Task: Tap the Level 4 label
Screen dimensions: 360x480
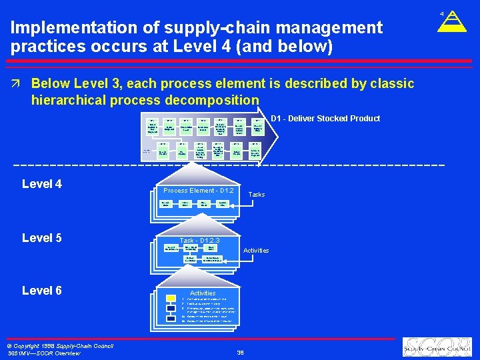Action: coord(42,184)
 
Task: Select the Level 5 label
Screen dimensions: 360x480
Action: coord(42,238)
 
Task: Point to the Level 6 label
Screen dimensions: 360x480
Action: coord(42,291)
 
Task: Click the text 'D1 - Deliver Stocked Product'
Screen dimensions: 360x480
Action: coord(325,119)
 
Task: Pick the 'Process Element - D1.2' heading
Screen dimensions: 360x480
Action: coord(194,191)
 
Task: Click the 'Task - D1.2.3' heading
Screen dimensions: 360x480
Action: coord(199,241)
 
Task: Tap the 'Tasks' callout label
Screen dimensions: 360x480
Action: coord(257,195)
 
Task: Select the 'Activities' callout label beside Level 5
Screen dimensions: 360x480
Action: coord(256,251)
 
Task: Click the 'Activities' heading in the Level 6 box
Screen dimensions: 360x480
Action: coord(203,293)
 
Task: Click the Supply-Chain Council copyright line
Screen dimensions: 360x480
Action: coord(60,345)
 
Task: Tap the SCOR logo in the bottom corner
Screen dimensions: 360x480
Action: coord(436,347)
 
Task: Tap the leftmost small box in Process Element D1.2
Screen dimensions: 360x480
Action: coord(164,203)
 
